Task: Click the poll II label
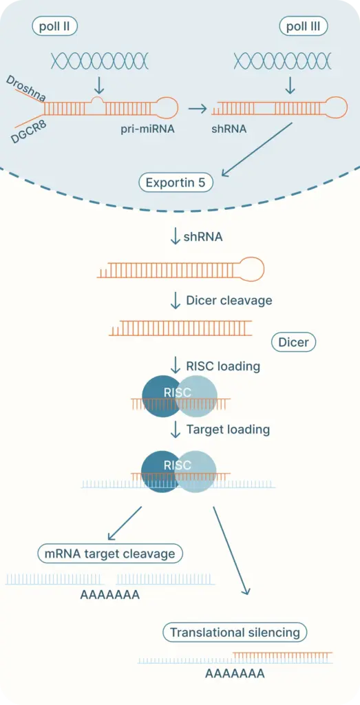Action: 54,27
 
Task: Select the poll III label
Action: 304,27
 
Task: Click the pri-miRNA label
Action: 147,129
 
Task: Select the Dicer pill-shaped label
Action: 294,343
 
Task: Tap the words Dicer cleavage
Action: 229,300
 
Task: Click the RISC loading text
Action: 223,366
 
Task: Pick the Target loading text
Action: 228,430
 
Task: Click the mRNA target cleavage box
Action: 110,554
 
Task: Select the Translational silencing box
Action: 235,633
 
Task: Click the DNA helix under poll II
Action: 99,61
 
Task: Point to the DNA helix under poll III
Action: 283,61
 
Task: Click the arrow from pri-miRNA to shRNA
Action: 198,108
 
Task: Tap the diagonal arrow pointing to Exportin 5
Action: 257,149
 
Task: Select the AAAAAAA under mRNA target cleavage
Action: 109,595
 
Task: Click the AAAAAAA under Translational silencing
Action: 235,673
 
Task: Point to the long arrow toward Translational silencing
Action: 231,550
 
